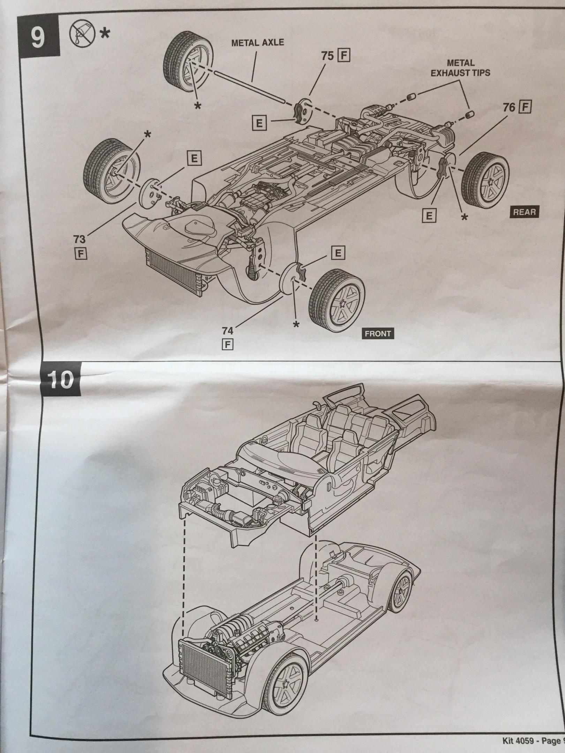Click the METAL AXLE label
tap(258, 43)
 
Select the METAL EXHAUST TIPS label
tap(460, 68)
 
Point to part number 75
tap(327, 56)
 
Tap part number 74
tap(228, 330)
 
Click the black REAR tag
tap(525, 212)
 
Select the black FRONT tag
tap(377, 334)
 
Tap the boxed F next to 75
tap(344, 56)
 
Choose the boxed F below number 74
tap(228, 344)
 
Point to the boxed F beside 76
tap(525, 107)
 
